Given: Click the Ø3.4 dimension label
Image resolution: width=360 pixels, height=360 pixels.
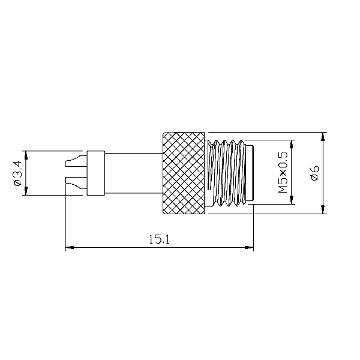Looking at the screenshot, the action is click(17, 173).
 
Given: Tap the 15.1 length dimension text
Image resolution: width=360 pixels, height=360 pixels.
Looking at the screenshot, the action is click(159, 239).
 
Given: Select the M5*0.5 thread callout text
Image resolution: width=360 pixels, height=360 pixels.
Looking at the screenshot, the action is click(283, 172).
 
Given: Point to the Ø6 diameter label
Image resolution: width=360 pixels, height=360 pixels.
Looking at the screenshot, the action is click(315, 173).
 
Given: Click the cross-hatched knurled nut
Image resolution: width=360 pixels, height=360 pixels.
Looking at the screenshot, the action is click(184, 173).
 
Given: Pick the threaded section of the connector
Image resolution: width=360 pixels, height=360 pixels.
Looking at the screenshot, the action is click(226, 173).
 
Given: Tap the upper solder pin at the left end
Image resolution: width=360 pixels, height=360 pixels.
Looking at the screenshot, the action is click(76, 161).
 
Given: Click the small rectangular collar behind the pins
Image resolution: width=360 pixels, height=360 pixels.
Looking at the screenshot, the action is click(96, 173).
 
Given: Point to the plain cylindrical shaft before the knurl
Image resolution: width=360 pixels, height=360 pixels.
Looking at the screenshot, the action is click(134, 173).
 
